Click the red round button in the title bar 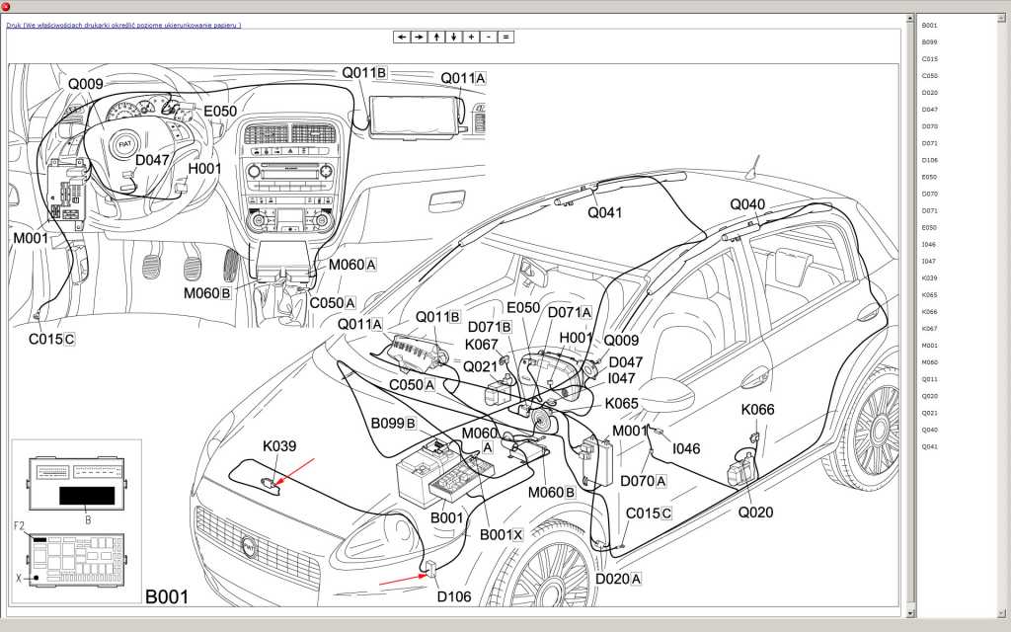tap(6, 6)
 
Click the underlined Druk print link tap(123, 25)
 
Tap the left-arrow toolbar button tap(401, 37)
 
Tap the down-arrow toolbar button tap(453, 37)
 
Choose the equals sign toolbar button tap(505, 37)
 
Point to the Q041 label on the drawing tap(605, 211)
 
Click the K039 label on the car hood tap(279, 446)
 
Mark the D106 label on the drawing tap(454, 595)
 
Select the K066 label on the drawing tap(758, 410)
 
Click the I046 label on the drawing tap(686, 448)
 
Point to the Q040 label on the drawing tap(747, 204)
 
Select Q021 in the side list tap(929, 413)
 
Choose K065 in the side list tap(929, 295)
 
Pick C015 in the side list tap(929, 58)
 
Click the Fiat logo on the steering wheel tap(124, 144)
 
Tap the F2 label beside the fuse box tap(19, 526)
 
